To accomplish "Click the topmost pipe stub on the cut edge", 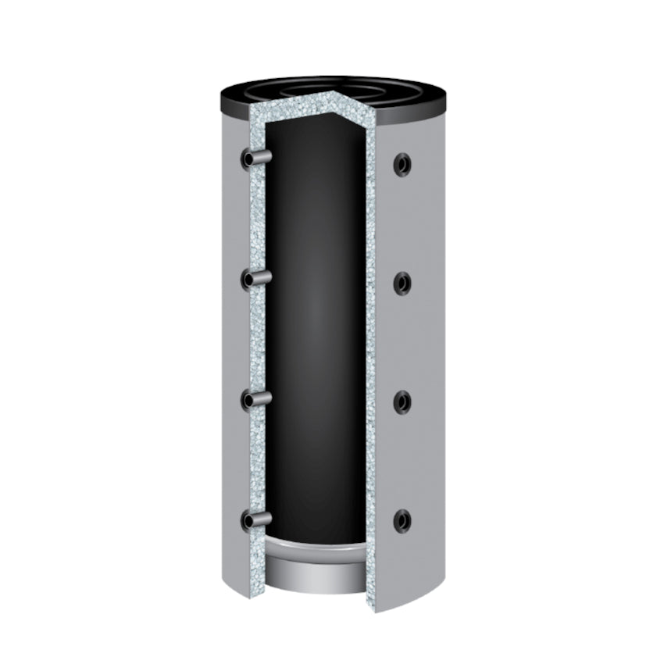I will tap(255, 159).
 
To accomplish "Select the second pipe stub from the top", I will tap(255, 278).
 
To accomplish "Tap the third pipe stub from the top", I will tap(255, 399).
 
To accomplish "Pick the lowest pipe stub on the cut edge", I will tap(255, 519).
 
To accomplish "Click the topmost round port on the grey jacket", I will tap(402, 164).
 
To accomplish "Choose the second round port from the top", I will tap(402, 284).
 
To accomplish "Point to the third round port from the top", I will tap(402, 402).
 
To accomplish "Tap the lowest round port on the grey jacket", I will tap(402, 519).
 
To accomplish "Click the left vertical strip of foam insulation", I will tap(257, 344).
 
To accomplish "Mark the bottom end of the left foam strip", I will tap(255, 590).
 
